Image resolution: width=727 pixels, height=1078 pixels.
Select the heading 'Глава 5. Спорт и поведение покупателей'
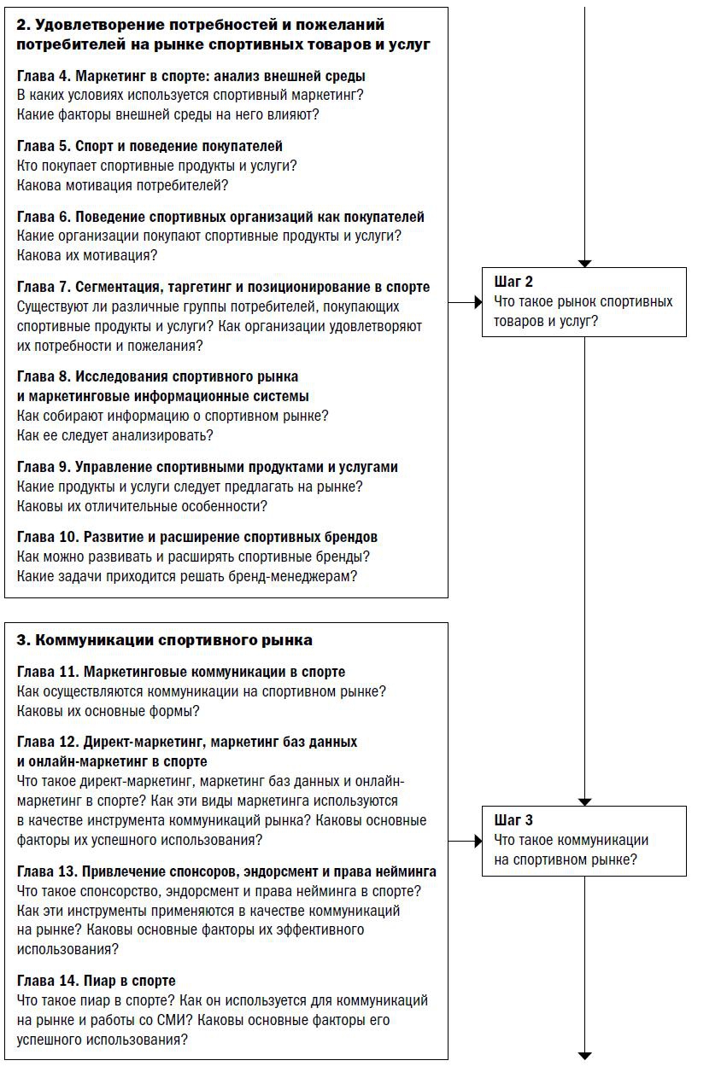point(150,146)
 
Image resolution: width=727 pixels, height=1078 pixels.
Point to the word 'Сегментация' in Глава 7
point(114,287)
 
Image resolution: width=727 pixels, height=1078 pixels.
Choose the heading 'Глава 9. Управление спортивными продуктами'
point(207,467)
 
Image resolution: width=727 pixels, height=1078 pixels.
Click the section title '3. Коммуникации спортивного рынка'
point(164,640)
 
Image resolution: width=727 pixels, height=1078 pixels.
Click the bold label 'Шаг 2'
point(513,282)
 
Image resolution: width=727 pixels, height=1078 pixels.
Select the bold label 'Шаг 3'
point(513,820)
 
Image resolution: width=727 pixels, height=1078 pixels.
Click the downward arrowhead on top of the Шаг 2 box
point(584,263)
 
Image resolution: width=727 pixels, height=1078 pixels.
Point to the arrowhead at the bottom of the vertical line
point(584,1056)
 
